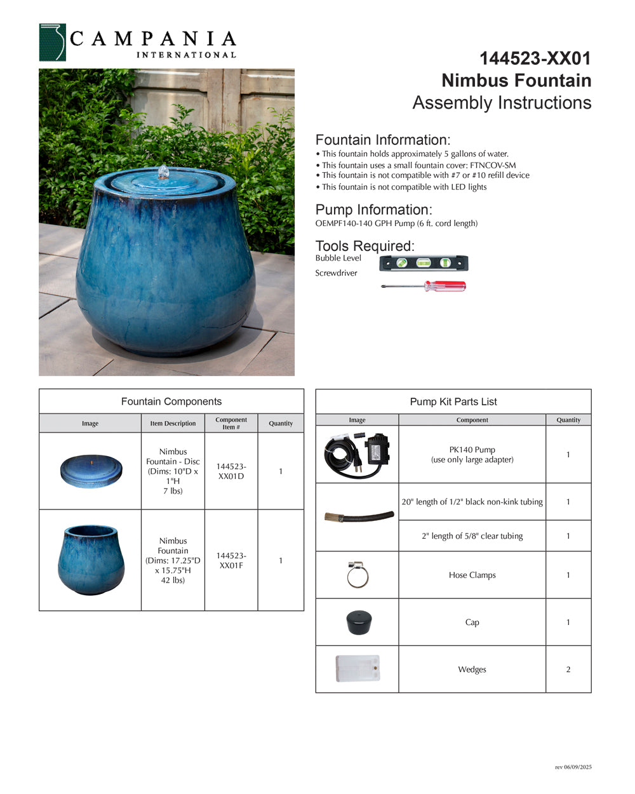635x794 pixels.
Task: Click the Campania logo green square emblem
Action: [52, 43]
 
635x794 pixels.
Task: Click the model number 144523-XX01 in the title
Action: [535, 58]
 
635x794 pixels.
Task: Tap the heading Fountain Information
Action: [382, 140]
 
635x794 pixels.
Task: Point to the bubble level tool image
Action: [424, 262]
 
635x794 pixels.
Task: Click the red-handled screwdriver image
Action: [424, 286]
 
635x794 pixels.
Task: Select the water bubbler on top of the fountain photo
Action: [164, 172]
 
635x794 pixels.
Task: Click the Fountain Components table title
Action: [171, 401]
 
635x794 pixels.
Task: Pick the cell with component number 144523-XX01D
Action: [231, 471]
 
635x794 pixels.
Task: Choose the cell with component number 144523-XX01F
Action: [231, 560]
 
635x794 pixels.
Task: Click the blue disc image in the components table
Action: [90, 471]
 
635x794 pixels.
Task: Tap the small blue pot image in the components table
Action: [91, 560]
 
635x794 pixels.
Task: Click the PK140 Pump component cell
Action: [472, 454]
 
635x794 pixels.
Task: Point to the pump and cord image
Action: [357, 454]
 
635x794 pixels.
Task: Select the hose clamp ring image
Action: [358, 575]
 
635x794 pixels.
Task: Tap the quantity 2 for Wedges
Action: [568, 670]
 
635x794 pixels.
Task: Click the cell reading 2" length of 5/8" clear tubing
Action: [472, 536]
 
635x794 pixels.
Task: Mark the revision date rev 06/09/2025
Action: [573, 767]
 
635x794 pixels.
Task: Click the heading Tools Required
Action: [364, 246]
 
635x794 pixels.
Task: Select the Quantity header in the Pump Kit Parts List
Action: [568, 420]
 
